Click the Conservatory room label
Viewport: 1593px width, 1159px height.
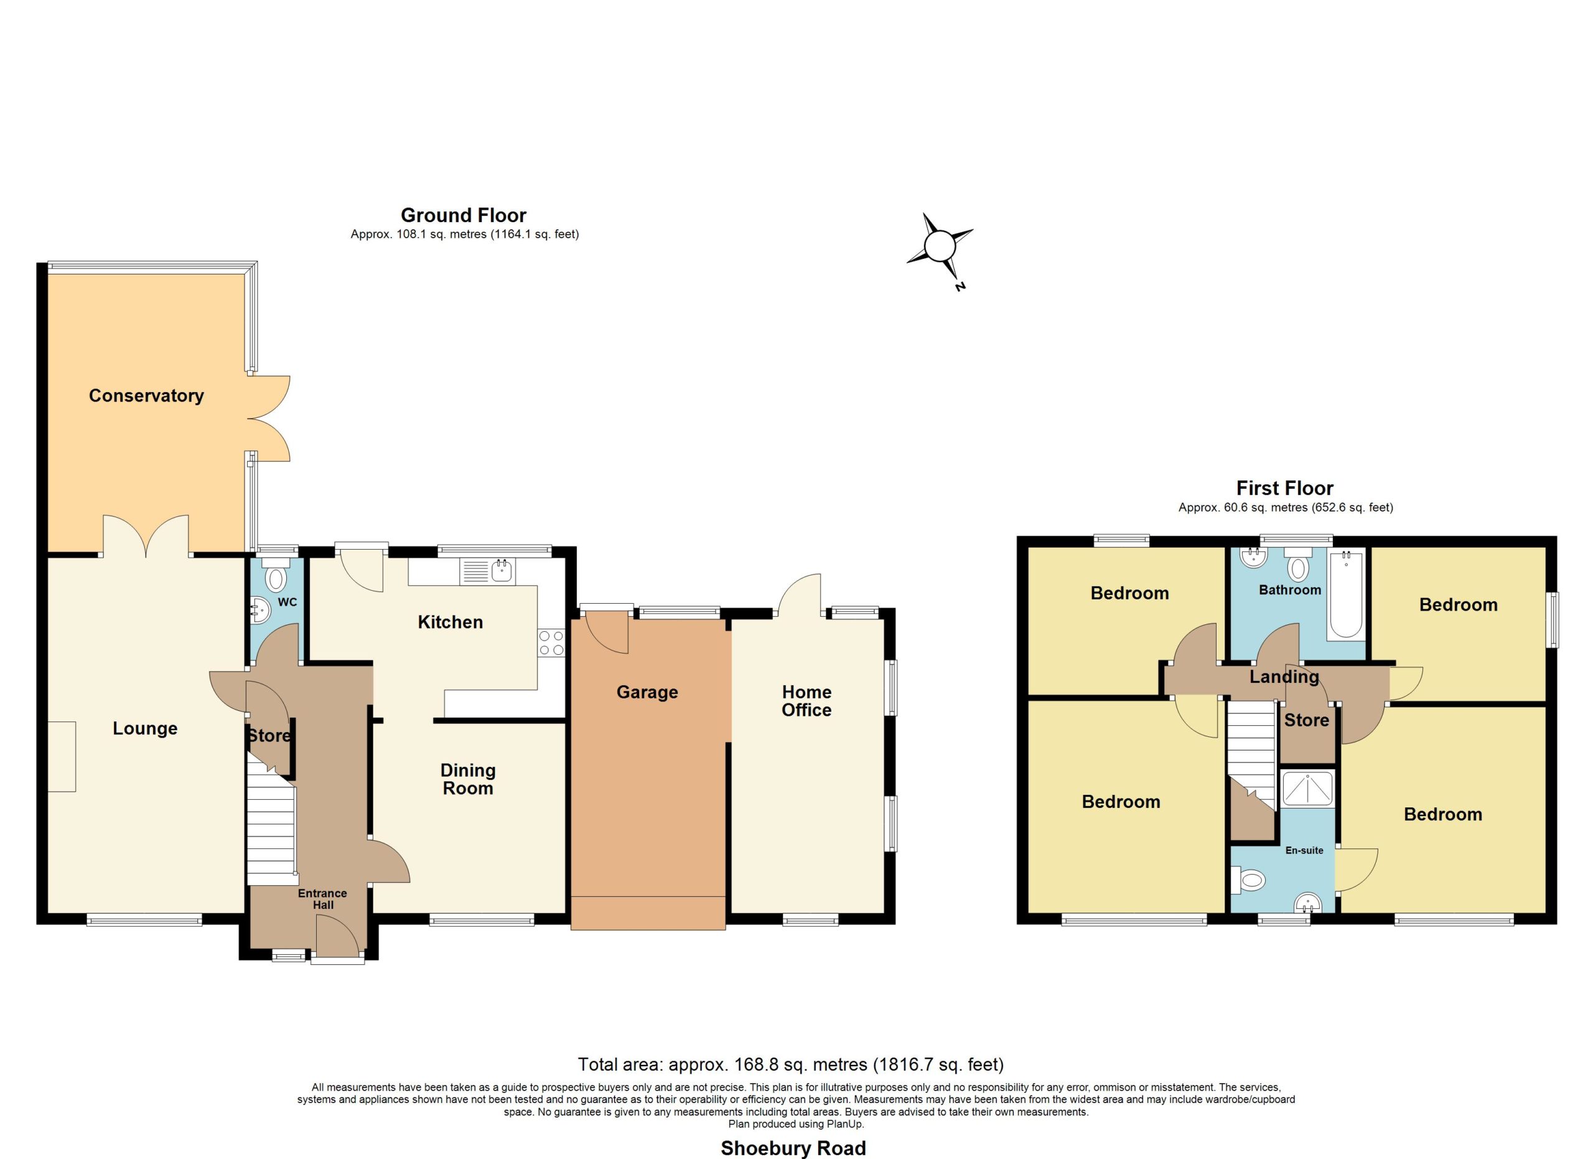(x=146, y=396)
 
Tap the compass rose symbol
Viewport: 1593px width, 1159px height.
(x=939, y=247)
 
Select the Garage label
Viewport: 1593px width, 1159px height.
(x=647, y=693)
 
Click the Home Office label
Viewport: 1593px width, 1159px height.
(x=806, y=701)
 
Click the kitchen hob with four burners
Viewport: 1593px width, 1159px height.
(x=551, y=642)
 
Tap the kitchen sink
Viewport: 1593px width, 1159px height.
(x=487, y=571)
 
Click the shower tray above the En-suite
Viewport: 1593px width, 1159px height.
(x=1307, y=788)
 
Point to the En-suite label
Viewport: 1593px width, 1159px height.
(x=1304, y=850)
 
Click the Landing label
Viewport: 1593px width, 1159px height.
(x=1284, y=677)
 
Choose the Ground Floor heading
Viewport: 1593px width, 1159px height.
(x=464, y=215)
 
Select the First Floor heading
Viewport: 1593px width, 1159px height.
(x=1284, y=488)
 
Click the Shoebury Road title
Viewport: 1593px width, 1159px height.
(x=793, y=1148)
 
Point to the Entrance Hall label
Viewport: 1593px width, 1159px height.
(x=322, y=899)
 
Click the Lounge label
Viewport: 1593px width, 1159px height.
(x=146, y=728)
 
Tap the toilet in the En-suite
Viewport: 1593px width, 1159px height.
(x=1248, y=880)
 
